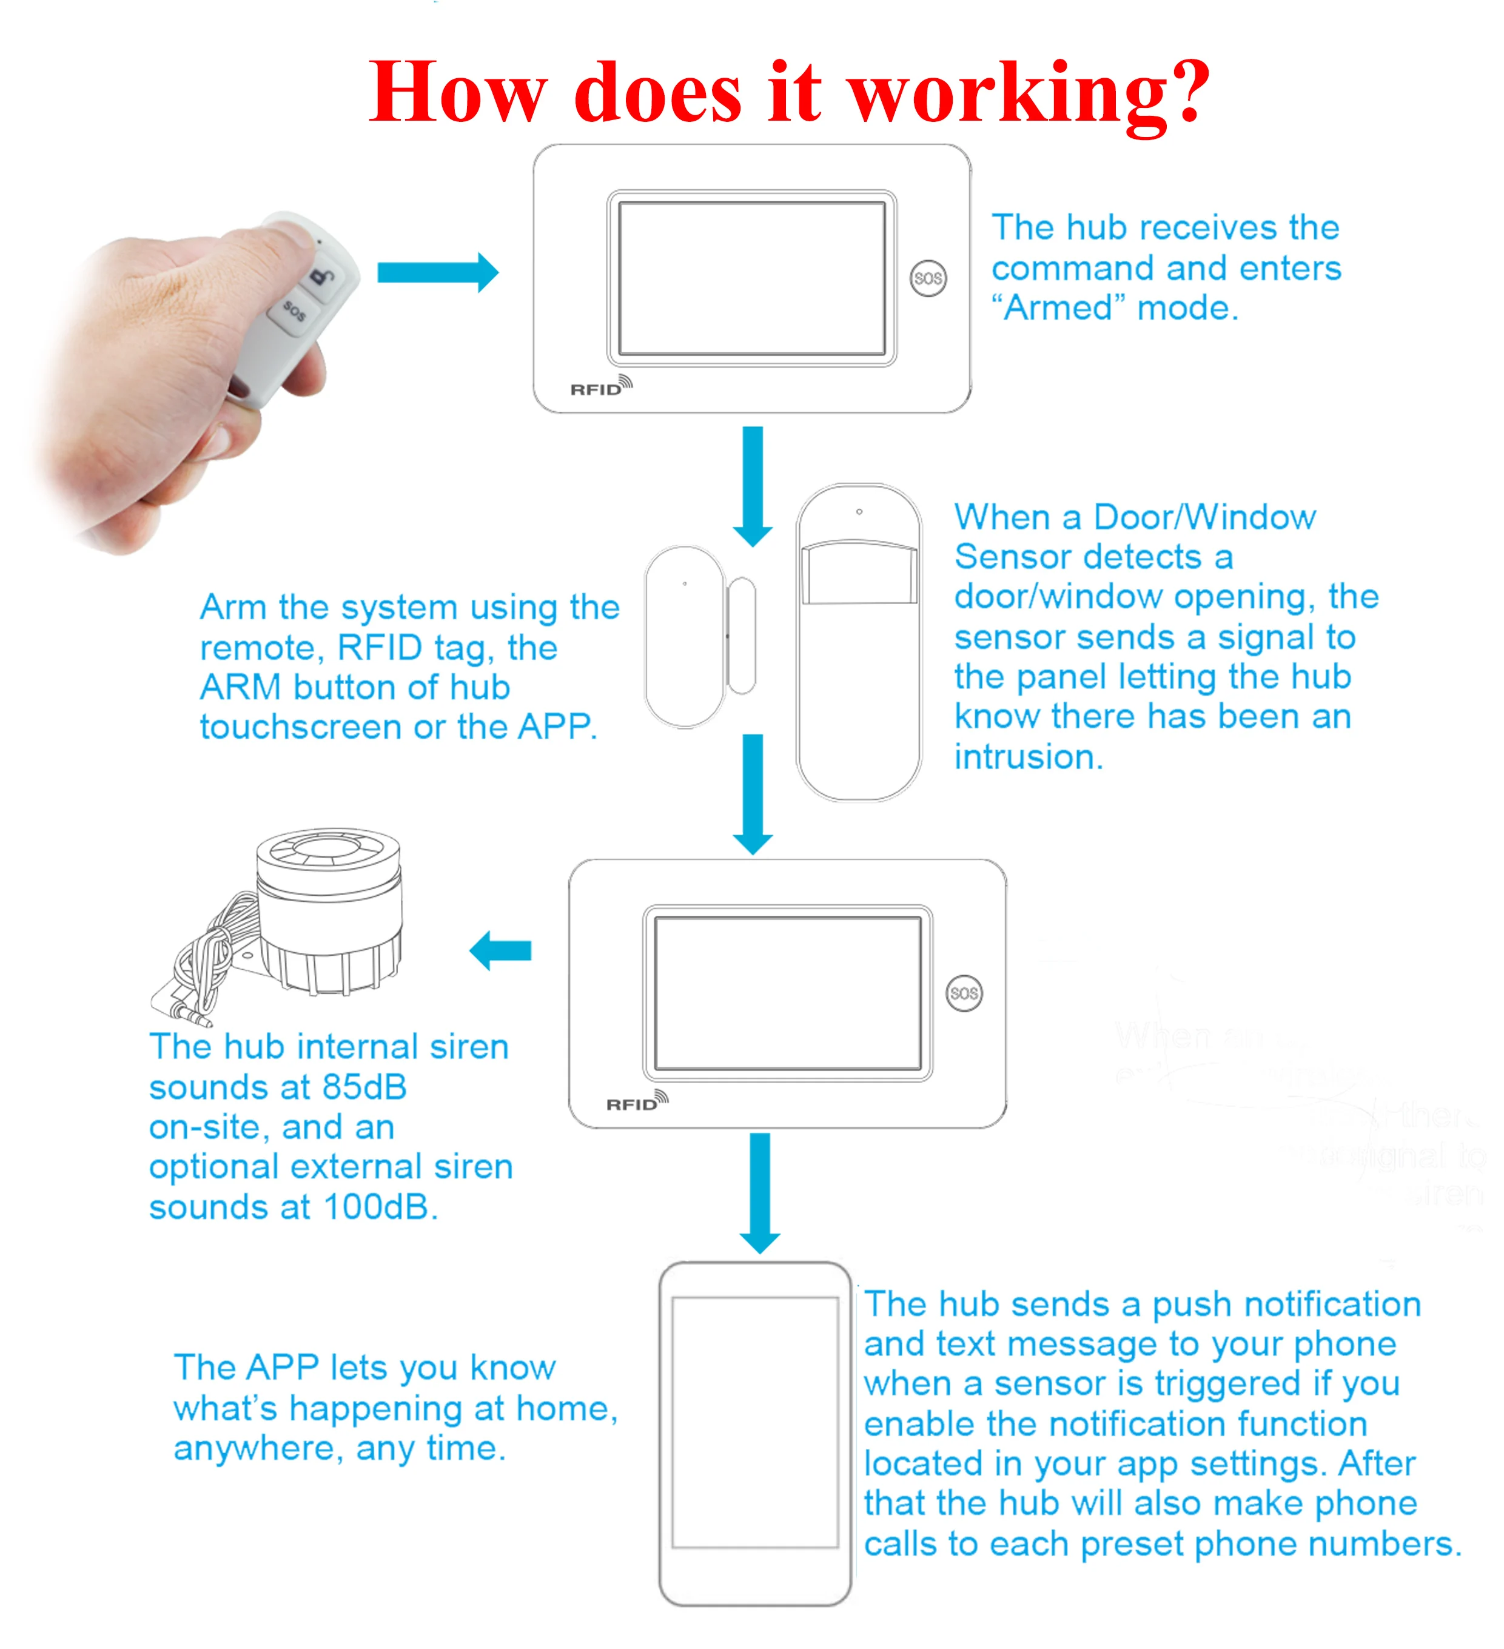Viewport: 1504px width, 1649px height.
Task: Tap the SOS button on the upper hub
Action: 928,278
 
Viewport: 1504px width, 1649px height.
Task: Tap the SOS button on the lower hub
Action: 964,993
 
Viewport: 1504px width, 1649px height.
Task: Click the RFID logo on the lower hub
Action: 636,1103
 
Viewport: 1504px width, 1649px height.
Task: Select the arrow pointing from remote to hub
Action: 437,272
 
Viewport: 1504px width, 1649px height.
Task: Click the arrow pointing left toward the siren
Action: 500,950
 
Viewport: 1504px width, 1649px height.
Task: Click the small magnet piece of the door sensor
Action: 741,635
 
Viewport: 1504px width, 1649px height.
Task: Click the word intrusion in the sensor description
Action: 1027,757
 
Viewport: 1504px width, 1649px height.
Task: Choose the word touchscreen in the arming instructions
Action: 300,727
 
